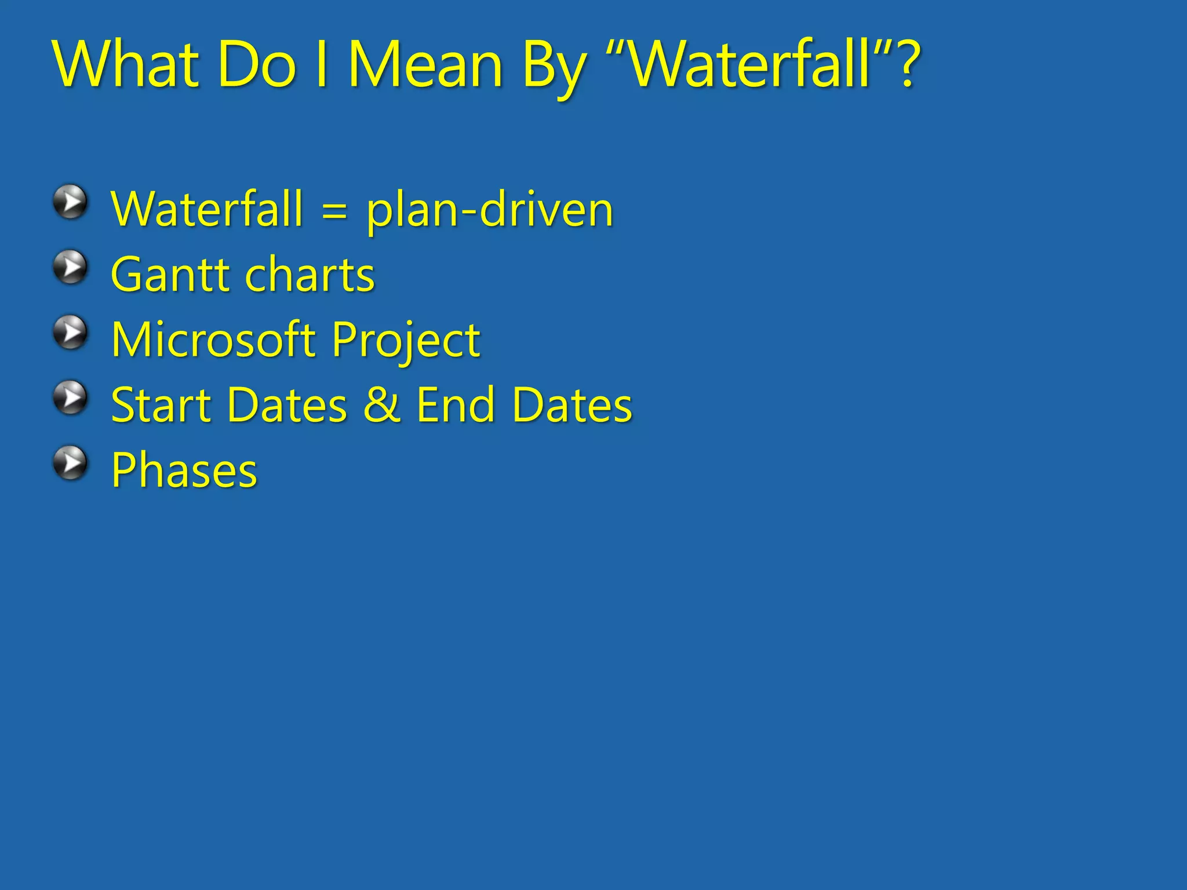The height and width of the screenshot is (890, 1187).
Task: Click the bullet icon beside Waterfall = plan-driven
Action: pyautogui.click(x=71, y=202)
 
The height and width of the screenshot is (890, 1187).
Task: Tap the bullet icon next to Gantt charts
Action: pyautogui.click(x=71, y=267)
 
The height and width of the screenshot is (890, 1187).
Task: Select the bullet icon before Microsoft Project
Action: pyautogui.click(x=71, y=333)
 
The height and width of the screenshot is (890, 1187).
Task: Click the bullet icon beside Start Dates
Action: pyautogui.click(x=71, y=397)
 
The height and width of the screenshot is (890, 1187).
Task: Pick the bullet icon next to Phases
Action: pyautogui.click(x=71, y=463)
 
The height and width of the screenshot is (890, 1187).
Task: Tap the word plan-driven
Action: pyautogui.click(x=490, y=210)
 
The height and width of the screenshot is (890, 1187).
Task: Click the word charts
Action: pyautogui.click(x=310, y=275)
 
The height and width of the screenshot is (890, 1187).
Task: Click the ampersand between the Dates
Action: pyautogui.click(x=381, y=404)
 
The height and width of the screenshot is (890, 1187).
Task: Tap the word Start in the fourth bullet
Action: pyautogui.click(x=161, y=404)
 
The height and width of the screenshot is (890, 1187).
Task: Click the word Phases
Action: pyautogui.click(x=184, y=470)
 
